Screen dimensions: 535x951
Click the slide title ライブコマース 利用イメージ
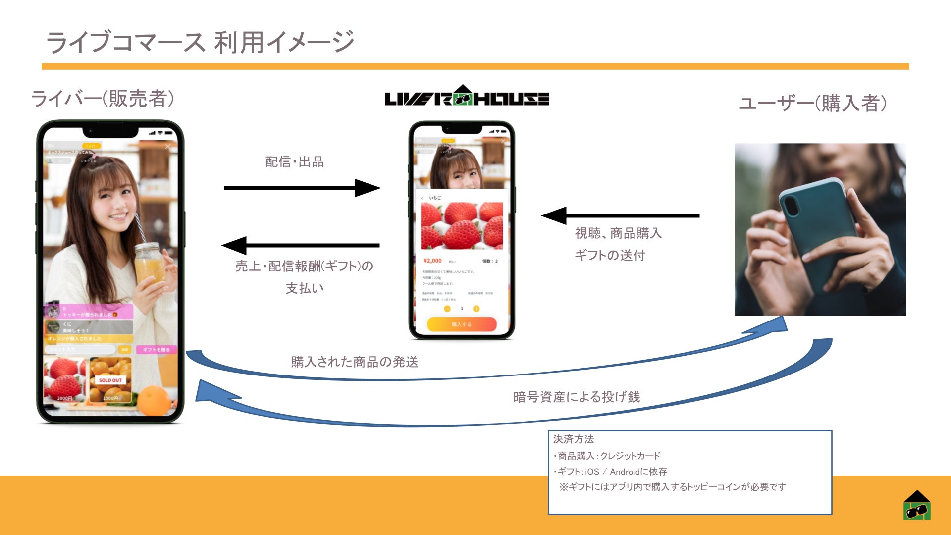coord(200,42)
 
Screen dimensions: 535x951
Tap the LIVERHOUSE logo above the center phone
coord(467,97)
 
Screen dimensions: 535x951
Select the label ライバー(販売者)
coord(103,99)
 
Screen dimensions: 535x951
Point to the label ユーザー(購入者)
coord(812,103)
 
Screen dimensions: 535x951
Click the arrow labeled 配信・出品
coord(302,188)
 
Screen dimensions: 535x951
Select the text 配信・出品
coord(294,162)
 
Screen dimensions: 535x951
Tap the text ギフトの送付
coord(610,255)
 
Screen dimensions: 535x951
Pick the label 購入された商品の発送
coord(355,362)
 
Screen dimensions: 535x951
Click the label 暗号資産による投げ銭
coord(577,397)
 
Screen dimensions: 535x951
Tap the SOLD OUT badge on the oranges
coord(110,380)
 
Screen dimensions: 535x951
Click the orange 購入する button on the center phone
coord(462,324)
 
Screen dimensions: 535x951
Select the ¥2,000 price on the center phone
coord(432,261)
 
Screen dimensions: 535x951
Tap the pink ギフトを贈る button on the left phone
coord(156,350)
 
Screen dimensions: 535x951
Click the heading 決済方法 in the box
coord(574,439)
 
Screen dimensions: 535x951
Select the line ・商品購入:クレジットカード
coord(607,456)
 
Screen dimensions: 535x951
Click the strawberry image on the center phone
coord(462,226)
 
